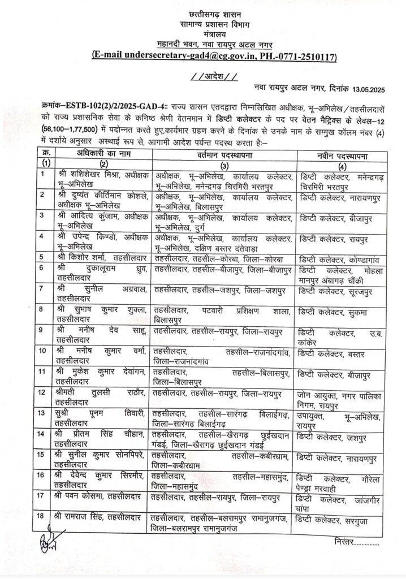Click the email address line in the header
pyautogui.click(x=214, y=57)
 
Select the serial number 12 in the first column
pyautogui.click(x=42, y=391)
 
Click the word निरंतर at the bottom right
pyautogui.click(x=349, y=542)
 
